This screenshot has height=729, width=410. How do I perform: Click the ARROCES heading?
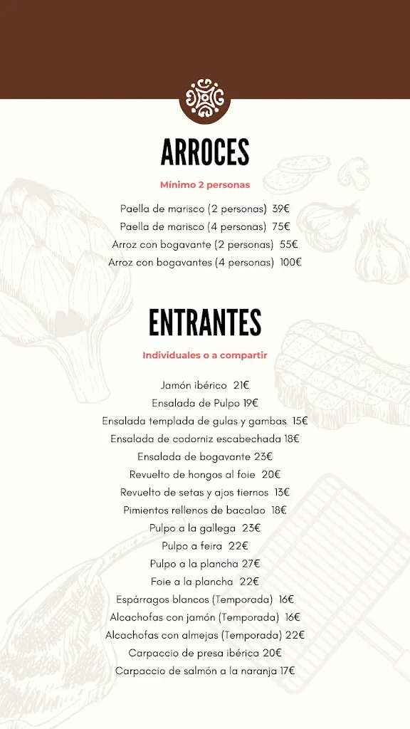pyautogui.click(x=205, y=152)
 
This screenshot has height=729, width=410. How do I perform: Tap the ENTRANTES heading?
pyautogui.click(x=205, y=323)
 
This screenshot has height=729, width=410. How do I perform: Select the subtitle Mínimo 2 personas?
pyautogui.click(x=205, y=185)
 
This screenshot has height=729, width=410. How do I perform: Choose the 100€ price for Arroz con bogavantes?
pyautogui.click(x=290, y=263)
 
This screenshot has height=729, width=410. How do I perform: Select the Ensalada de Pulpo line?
pyautogui.click(x=196, y=403)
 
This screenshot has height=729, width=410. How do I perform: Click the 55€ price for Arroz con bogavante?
pyautogui.click(x=288, y=245)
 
